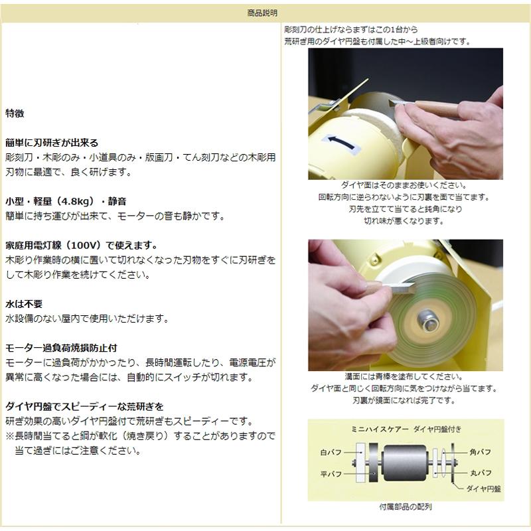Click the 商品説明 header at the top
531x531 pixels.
(x=265, y=12)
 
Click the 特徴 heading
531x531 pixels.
(x=15, y=114)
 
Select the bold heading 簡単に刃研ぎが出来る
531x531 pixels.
(x=52, y=143)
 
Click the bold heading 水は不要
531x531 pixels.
(x=24, y=303)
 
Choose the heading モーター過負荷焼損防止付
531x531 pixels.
(x=65, y=348)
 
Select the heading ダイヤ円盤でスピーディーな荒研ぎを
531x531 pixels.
(x=84, y=406)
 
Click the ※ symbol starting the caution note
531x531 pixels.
(x=10, y=436)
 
